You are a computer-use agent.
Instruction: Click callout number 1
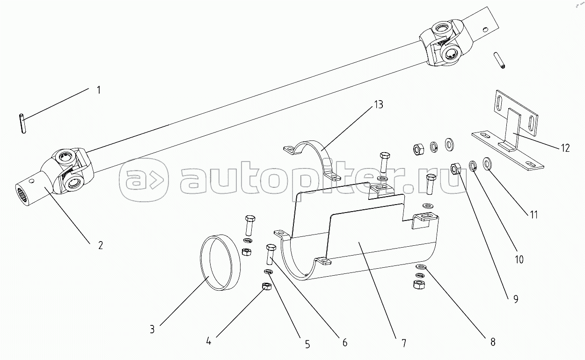[x=98, y=90]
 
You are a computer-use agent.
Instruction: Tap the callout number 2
[x=101, y=245]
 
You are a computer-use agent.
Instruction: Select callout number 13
[x=379, y=104]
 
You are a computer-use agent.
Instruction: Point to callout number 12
[x=565, y=148]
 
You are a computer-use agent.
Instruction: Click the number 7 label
[x=404, y=343]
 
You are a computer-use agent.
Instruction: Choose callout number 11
[x=534, y=215]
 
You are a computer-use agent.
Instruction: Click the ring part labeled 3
[x=220, y=263]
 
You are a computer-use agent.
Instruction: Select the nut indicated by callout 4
[x=266, y=287]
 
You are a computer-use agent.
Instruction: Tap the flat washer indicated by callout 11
[x=486, y=164]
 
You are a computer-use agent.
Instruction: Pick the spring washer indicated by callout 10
[x=472, y=166]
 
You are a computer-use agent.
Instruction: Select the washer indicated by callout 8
[x=420, y=267]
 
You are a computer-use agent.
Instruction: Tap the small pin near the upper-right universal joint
[x=500, y=60]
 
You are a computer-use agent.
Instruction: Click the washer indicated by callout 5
[x=268, y=272]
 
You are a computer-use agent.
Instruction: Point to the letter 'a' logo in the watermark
[x=144, y=180]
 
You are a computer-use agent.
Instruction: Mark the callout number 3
[x=152, y=330]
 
